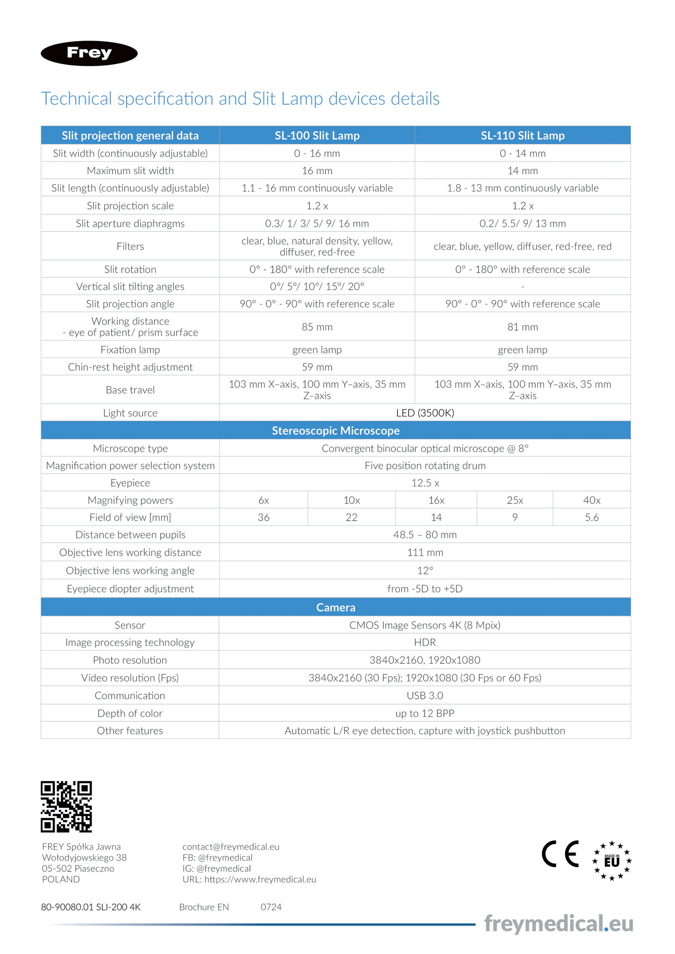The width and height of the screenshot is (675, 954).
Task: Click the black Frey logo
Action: [89, 53]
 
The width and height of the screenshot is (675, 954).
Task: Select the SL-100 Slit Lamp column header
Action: [317, 135]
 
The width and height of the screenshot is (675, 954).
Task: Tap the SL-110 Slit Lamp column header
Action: [522, 135]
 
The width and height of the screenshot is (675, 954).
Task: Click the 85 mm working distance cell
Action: [317, 327]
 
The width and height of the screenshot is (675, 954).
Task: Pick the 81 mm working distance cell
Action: [522, 327]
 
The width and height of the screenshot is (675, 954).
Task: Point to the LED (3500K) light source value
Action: [425, 413]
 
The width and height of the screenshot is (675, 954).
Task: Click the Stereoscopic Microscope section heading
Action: [335, 431]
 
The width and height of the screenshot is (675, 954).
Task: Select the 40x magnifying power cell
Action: [591, 500]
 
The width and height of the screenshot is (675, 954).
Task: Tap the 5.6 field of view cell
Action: [591, 517]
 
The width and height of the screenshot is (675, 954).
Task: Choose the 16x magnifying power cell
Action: [436, 500]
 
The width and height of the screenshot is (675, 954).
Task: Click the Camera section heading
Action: [335, 607]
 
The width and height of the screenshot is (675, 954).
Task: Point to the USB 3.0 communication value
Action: [425, 695]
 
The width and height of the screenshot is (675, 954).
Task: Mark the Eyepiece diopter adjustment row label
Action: [130, 588]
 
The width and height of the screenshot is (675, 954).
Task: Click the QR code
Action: [66, 806]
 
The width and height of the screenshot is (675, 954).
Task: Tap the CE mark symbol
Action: [560, 854]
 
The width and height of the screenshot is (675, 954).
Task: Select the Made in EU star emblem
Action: [611, 861]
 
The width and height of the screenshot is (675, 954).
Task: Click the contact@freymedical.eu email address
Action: [231, 847]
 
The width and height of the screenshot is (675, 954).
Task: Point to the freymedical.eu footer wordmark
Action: [558, 924]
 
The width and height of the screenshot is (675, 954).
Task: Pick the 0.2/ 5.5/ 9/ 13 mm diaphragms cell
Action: [522, 224]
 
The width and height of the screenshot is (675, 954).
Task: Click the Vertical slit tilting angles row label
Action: [130, 287]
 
